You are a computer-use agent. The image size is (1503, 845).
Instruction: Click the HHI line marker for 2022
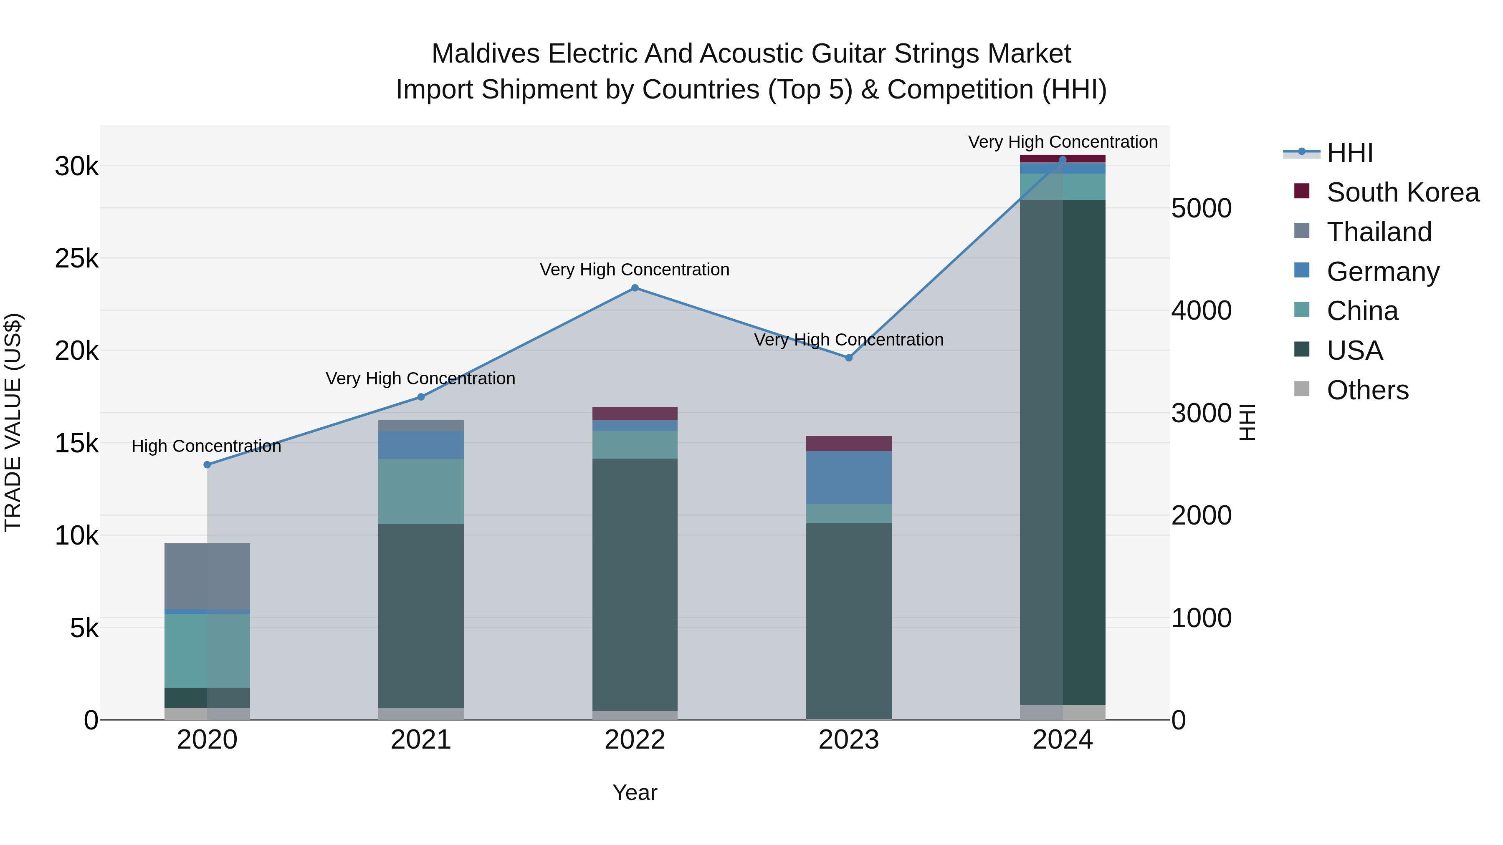[635, 288]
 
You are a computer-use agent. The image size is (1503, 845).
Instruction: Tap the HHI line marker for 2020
[207, 465]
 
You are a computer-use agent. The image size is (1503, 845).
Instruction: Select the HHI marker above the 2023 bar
[849, 358]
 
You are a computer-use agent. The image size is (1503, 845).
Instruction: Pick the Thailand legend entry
[1379, 232]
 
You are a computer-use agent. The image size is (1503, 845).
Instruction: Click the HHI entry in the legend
[1349, 153]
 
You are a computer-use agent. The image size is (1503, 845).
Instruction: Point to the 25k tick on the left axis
[76, 258]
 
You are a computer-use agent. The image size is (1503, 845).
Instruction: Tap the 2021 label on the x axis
[421, 740]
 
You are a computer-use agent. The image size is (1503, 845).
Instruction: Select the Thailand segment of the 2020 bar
[207, 576]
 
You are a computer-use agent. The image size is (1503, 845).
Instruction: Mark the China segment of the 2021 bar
[421, 491]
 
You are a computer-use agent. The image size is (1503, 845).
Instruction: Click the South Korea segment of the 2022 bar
[635, 414]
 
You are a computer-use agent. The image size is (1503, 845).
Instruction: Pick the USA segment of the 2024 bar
[1063, 452]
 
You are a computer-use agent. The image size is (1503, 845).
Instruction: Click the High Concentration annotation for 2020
[207, 446]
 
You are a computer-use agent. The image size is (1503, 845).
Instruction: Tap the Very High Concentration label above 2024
[1063, 142]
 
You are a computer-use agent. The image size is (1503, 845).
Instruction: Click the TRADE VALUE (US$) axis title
[13, 422]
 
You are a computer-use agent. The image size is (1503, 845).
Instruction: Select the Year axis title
[635, 792]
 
